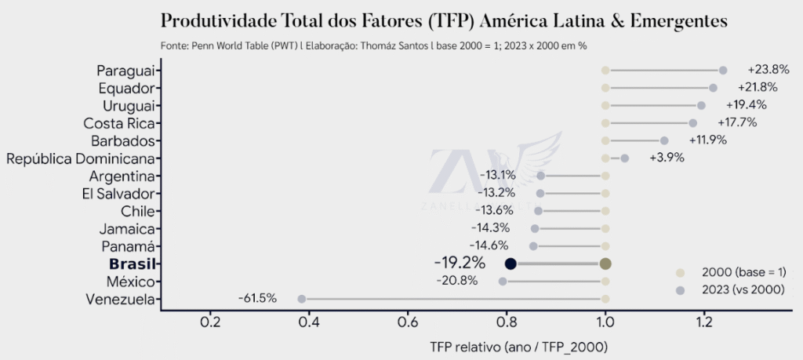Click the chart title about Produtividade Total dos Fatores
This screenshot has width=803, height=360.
click(x=443, y=20)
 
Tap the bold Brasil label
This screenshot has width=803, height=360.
click(x=130, y=264)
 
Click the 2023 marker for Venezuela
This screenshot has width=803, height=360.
click(x=301, y=299)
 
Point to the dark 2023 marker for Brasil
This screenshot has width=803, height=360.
click(x=511, y=264)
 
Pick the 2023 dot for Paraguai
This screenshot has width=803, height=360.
click(x=723, y=71)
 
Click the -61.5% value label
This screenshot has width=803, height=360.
click(x=257, y=298)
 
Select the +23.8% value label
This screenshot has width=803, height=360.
click(x=768, y=70)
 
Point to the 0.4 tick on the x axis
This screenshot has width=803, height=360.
click(x=309, y=322)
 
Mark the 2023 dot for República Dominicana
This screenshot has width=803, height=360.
click(x=625, y=158)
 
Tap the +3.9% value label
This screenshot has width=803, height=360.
click(x=667, y=158)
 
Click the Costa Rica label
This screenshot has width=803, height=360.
click(x=122, y=123)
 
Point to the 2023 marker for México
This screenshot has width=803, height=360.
click(x=503, y=281)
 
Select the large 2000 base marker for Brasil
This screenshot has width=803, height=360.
click(x=605, y=264)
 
